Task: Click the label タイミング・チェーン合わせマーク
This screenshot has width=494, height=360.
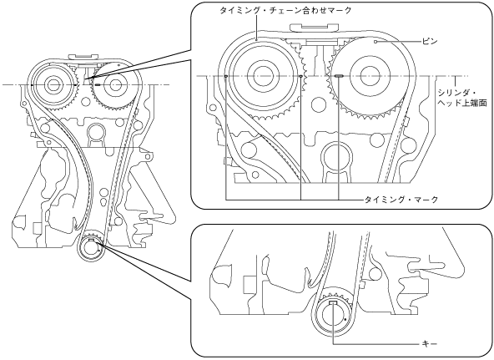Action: point(285,11)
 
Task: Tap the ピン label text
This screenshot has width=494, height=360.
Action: point(430,42)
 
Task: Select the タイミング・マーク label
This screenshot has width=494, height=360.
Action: point(401,200)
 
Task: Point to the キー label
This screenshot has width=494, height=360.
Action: point(430,344)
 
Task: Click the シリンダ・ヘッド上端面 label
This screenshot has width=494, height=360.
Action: point(462,99)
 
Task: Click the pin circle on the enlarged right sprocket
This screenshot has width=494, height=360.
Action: point(376,42)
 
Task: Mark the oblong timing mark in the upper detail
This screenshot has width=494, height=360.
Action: point(339,76)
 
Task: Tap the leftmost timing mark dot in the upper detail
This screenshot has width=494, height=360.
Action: point(226,76)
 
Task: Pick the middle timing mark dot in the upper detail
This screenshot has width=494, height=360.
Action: point(301,76)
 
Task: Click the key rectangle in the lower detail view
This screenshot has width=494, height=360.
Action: point(333,302)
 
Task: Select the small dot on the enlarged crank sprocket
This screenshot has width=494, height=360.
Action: point(346,319)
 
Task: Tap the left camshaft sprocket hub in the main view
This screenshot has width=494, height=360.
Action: point(52,85)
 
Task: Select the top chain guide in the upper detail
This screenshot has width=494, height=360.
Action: point(313,28)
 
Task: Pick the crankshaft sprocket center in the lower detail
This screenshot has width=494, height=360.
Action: point(333,315)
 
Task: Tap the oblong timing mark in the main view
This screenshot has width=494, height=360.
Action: point(97,85)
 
